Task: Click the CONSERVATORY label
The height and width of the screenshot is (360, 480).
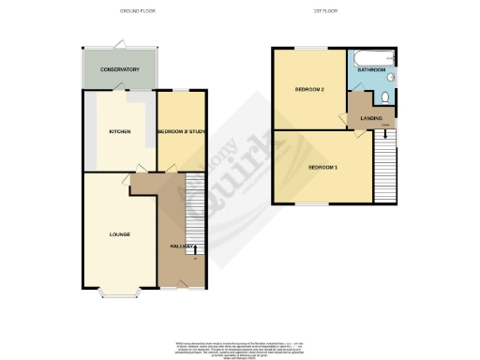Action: pos(119,69)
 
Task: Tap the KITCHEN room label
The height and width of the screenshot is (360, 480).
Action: pos(119,131)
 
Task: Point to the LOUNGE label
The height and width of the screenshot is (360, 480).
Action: pos(119,233)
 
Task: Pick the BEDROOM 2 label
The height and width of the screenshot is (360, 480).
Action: pos(309,90)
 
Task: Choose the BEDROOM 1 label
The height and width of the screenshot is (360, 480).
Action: pos(322,167)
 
